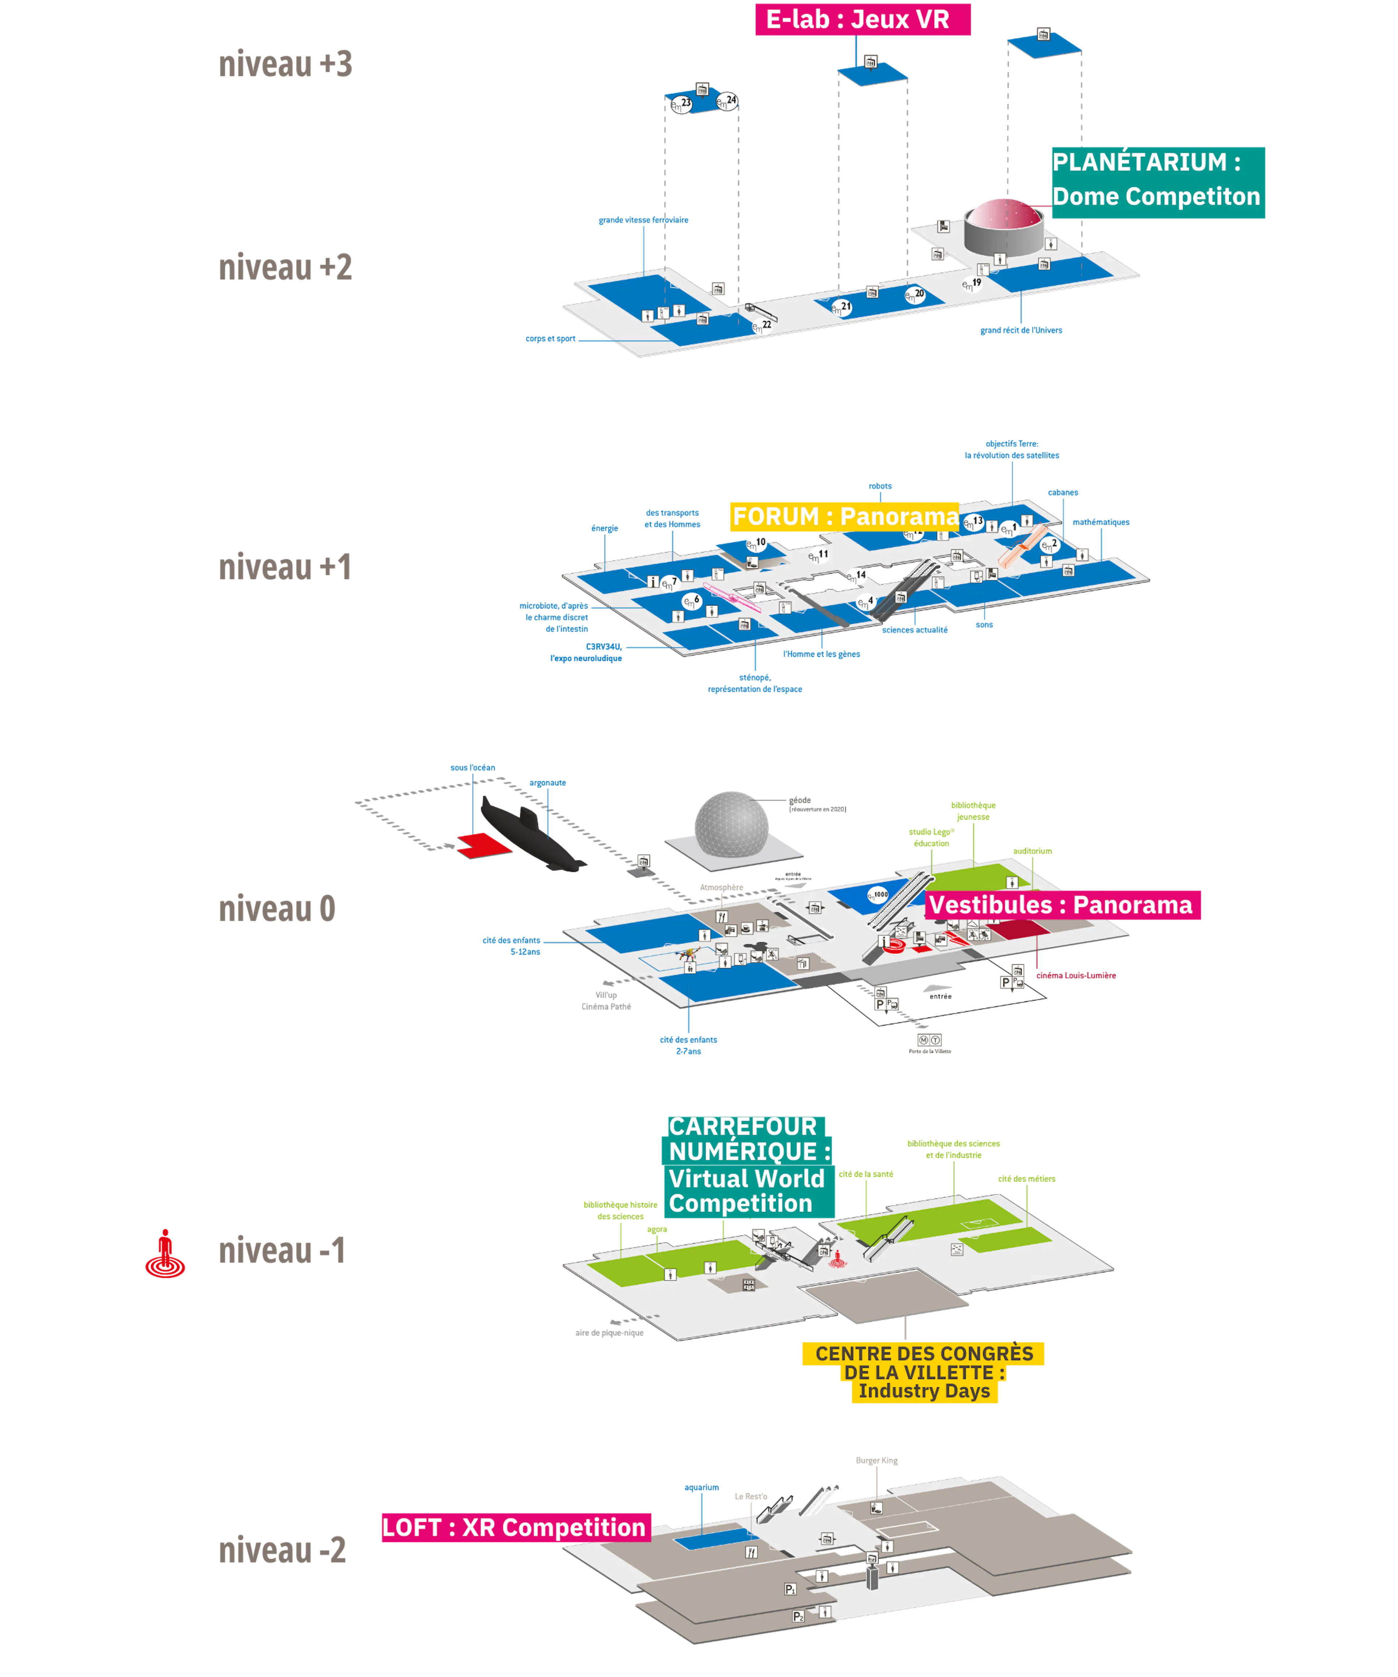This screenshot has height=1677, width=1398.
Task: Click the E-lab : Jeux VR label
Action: pyautogui.click(x=863, y=20)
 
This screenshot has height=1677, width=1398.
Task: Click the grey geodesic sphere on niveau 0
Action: pyautogui.click(x=731, y=822)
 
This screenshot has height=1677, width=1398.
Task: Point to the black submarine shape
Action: pyautogui.click(x=531, y=834)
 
